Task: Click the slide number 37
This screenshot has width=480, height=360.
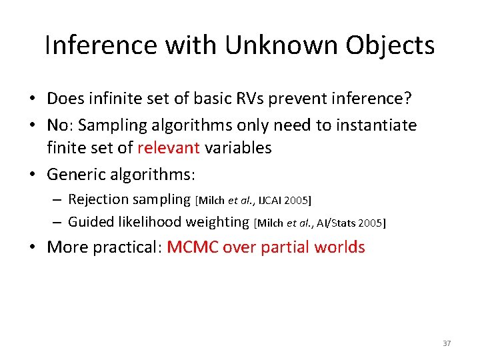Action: [447, 343]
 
